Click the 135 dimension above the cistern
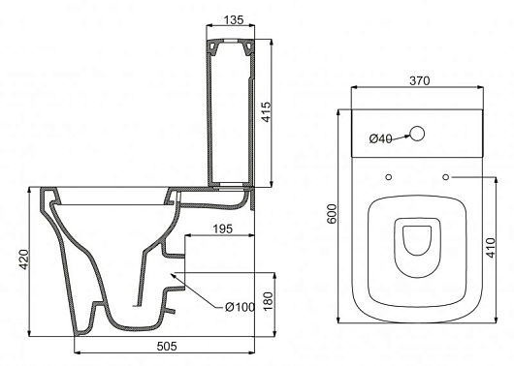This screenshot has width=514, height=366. pyautogui.click(x=234, y=20)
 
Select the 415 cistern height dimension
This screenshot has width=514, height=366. pyautogui.click(x=267, y=112)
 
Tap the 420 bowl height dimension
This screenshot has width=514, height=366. pyautogui.click(x=24, y=259)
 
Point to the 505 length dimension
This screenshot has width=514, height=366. pyautogui.click(x=167, y=346)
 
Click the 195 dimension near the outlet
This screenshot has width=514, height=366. pyautogui.click(x=223, y=229)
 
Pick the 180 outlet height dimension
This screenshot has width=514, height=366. pyautogui.click(x=268, y=301)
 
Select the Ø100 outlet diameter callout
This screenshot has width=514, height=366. pyautogui.click(x=240, y=307)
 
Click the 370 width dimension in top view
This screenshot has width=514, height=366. pyautogui.click(x=420, y=80)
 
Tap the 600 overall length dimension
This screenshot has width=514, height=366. pyautogui.click(x=332, y=214)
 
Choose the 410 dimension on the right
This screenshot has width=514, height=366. pyautogui.click(x=491, y=248)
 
